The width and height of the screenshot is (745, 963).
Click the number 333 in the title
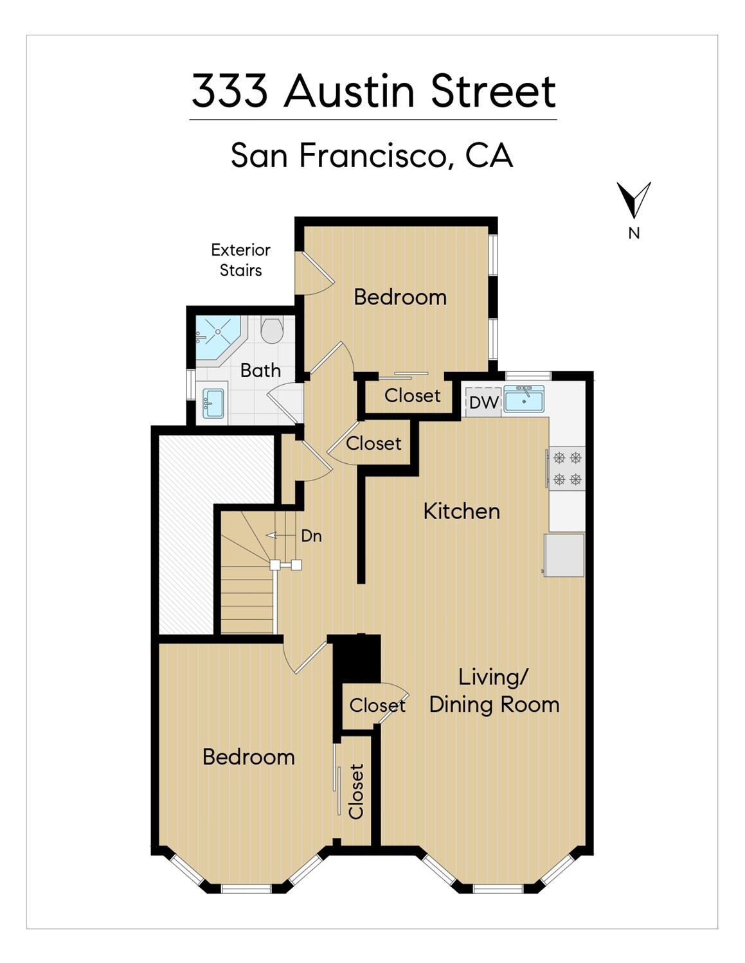point(229,91)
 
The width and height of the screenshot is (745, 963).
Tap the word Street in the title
point(493,91)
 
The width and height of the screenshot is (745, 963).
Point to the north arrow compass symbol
point(634,199)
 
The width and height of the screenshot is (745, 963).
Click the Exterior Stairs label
point(240,260)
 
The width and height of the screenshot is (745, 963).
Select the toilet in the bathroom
point(273,330)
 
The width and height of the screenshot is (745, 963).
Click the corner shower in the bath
point(217,337)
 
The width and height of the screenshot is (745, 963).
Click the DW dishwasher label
point(483,403)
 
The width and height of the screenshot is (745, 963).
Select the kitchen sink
point(524,400)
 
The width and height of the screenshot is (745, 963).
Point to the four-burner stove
point(567,468)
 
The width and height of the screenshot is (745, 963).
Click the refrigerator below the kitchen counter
point(564,554)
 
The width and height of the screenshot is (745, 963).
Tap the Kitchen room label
point(462,511)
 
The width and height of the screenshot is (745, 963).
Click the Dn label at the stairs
point(311,536)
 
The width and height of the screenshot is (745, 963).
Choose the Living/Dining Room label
point(494,691)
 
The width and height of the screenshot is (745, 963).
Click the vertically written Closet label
point(356,791)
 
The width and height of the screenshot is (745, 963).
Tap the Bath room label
point(260,371)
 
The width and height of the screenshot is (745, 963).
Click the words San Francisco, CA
point(372,155)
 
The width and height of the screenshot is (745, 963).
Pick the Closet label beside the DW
point(412,395)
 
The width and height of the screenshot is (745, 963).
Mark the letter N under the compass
point(634,234)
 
